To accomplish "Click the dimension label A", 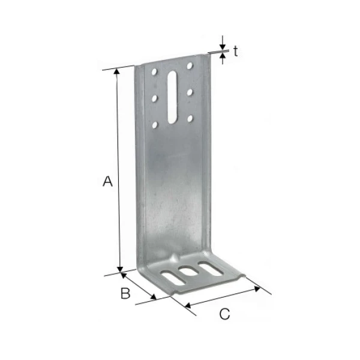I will click(107, 181).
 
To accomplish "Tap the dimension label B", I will click(125, 293).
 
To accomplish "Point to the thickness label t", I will click(236, 52).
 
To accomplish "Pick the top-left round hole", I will click(155, 72).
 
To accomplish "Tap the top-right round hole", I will click(190, 65).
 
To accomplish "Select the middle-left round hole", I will click(155, 98).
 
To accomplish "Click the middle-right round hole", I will click(190, 92).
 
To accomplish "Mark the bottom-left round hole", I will click(155, 125).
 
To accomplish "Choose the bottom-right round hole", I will click(190, 118).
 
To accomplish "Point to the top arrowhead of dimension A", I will click(118, 71).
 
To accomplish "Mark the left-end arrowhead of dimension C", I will click(188, 306).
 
